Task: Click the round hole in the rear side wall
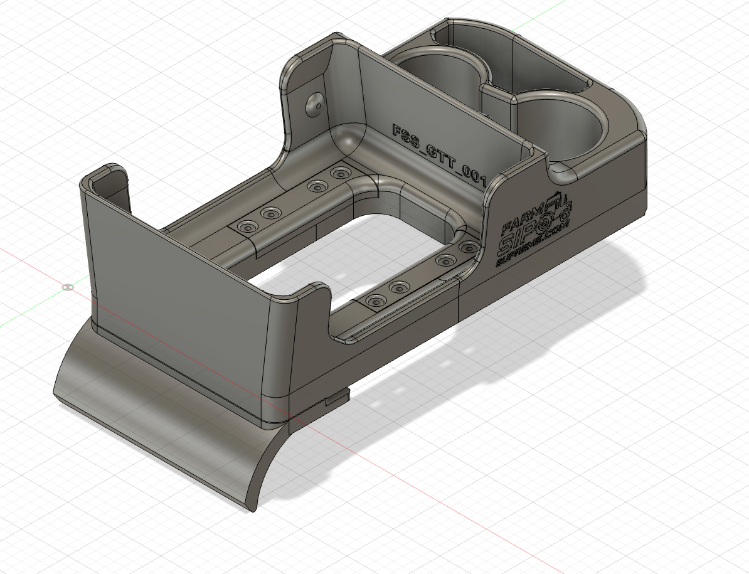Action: [314, 104]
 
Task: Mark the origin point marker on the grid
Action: [68, 287]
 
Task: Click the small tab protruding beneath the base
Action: [337, 398]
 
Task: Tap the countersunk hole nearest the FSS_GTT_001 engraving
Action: [341, 173]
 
